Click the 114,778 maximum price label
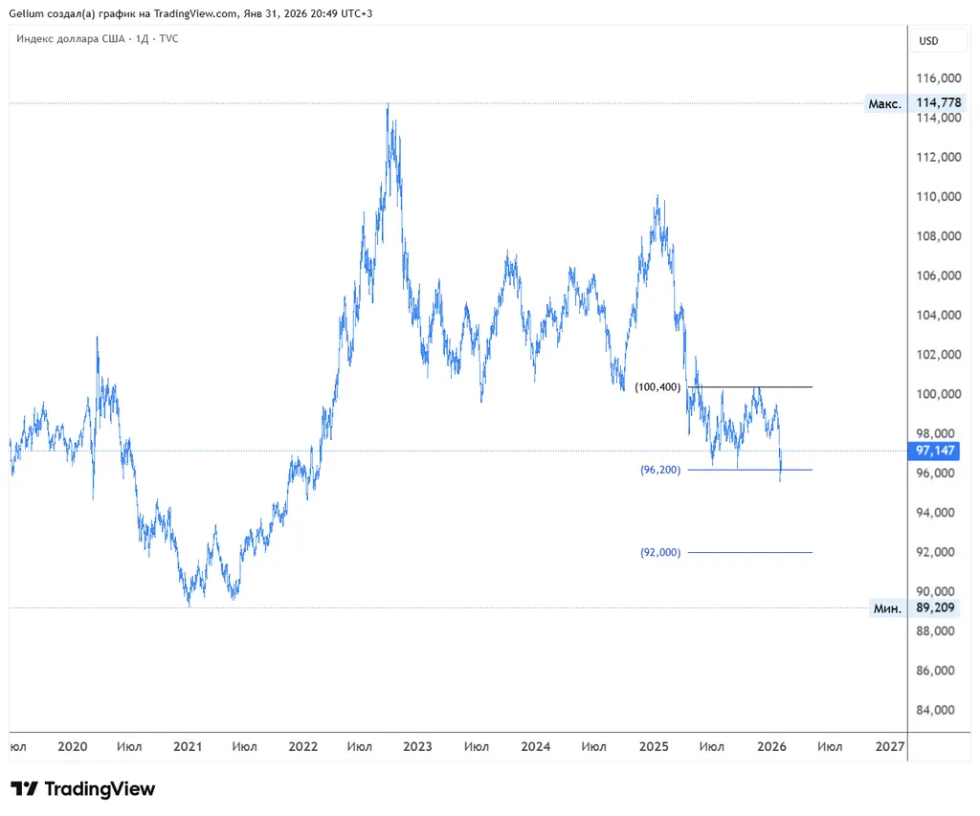point(938,103)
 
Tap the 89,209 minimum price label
point(938,607)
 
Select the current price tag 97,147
point(938,451)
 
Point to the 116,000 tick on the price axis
point(938,78)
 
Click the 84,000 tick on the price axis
point(938,710)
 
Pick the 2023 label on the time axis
point(417,746)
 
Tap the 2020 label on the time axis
point(73,746)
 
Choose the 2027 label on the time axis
point(890,746)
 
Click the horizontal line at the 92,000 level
point(749,552)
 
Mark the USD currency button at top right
point(928,41)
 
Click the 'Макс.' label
point(884,103)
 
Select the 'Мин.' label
point(886,607)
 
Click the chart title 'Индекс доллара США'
point(70,38)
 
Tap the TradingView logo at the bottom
point(82,789)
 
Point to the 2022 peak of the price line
point(388,105)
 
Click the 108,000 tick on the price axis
point(938,236)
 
